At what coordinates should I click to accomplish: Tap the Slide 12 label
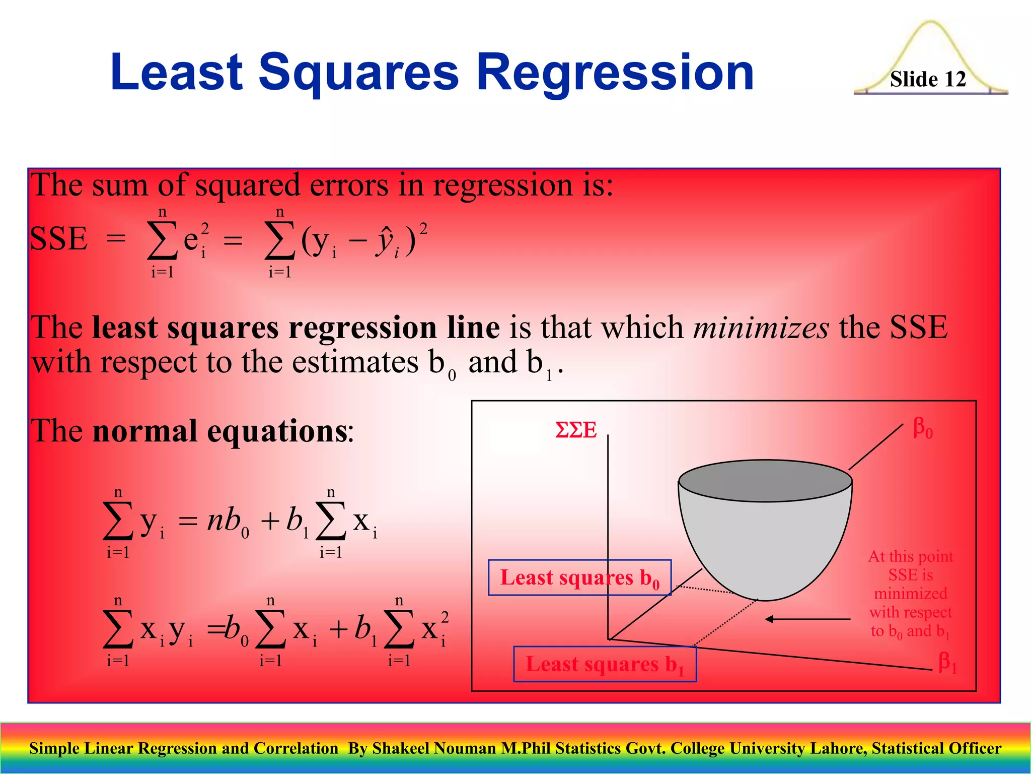(927, 80)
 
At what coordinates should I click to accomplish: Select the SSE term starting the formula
(59, 238)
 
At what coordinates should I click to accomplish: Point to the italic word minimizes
(761, 328)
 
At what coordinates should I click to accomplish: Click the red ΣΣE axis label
(576, 430)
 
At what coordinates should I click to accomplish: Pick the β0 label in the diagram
(922, 429)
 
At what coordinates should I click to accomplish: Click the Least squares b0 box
(579, 577)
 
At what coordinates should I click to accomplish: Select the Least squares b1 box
(605, 664)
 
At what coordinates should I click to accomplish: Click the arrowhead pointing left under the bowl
(769, 619)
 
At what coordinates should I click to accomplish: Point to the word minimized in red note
(910, 593)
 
